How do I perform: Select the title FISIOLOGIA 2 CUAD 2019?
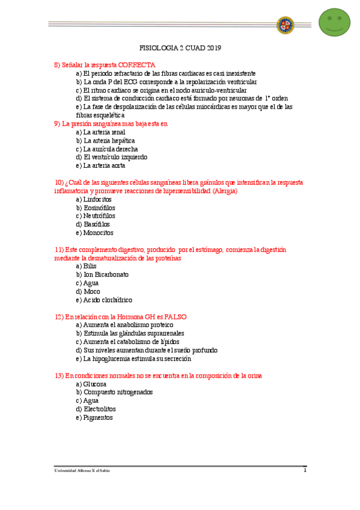point(180,48)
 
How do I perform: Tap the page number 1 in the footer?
point(305,470)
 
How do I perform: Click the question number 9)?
point(58,123)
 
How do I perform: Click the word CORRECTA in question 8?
point(136,64)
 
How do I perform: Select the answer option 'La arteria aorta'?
point(100,165)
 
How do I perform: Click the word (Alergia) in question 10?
point(225,191)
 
